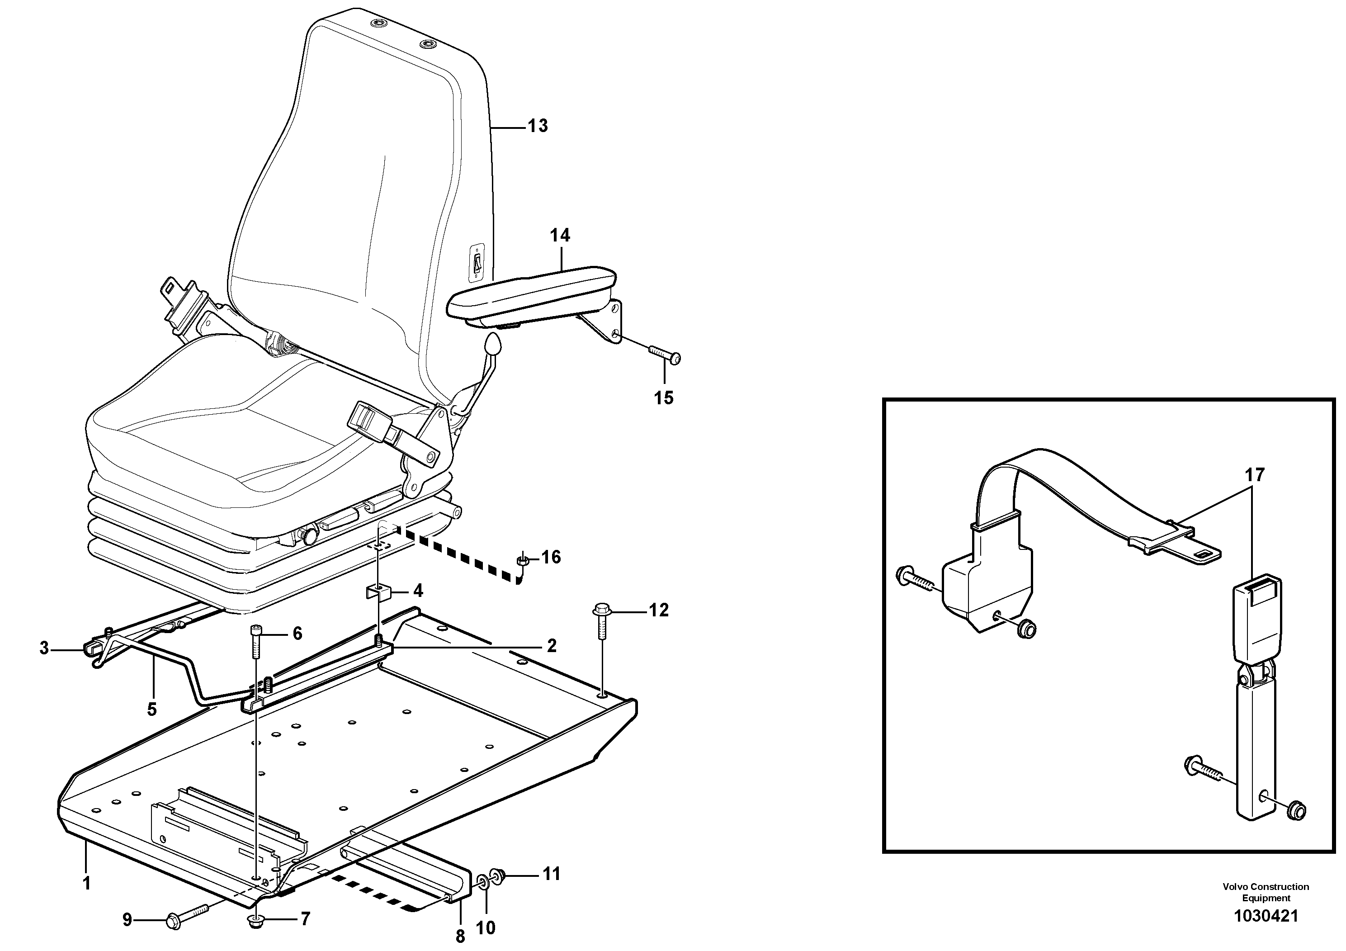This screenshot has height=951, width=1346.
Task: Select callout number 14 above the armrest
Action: (559, 236)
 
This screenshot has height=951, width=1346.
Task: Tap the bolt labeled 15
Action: (664, 354)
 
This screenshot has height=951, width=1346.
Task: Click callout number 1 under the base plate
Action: (87, 883)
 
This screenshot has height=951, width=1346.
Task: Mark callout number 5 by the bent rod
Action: (152, 710)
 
